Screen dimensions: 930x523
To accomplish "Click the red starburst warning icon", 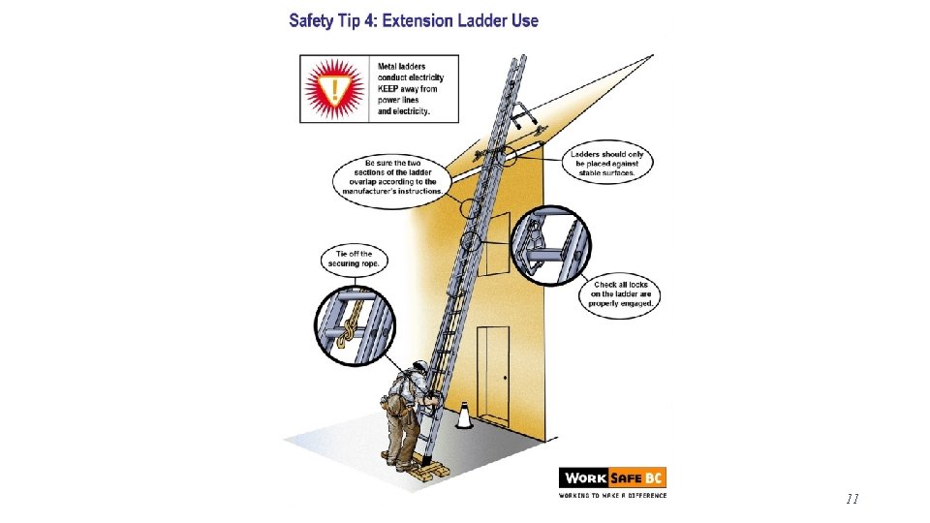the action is pos(334,89).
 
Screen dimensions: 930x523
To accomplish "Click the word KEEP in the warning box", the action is pos(387,89).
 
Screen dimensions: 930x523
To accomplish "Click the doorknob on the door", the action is pos(506,378).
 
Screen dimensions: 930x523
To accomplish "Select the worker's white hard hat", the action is pos(419,365).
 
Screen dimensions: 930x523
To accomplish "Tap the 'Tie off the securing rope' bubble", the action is pos(355,260).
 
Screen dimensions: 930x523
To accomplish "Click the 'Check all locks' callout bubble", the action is pos(620,294).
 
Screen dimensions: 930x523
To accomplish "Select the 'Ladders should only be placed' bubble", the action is pos(606,163).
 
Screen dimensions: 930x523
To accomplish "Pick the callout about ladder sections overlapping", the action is pos(392,177).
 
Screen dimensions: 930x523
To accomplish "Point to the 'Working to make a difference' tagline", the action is pos(612,495).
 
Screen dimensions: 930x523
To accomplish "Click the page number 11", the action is pos(852,499).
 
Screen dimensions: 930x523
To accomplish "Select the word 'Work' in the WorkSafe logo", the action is pos(585,477).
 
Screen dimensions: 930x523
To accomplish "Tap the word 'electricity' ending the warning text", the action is pos(411,110).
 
